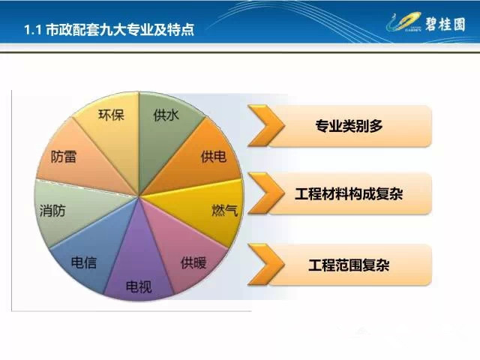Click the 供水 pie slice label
click(x=166, y=115)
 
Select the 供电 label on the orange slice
click(x=213, y=157)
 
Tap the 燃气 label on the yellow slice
click(x=224, y=210)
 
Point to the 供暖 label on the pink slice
click(x=193, y=263)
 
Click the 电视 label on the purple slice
click(x=139, y=286)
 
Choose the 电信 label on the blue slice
click(x=83, y=262)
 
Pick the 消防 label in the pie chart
click(x=52, y=211)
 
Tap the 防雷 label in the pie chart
click(x=63, y=157)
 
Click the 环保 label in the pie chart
click(x=111, y=115)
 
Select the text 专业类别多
click(x=349, y=126)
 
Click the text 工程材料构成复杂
click(x=349, y=194)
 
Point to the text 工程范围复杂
click(x=349, y=265)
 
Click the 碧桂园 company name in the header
click(x=445, y=24)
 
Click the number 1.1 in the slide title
click(x=32, y=30)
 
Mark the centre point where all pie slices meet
click(x=139, y=196)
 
